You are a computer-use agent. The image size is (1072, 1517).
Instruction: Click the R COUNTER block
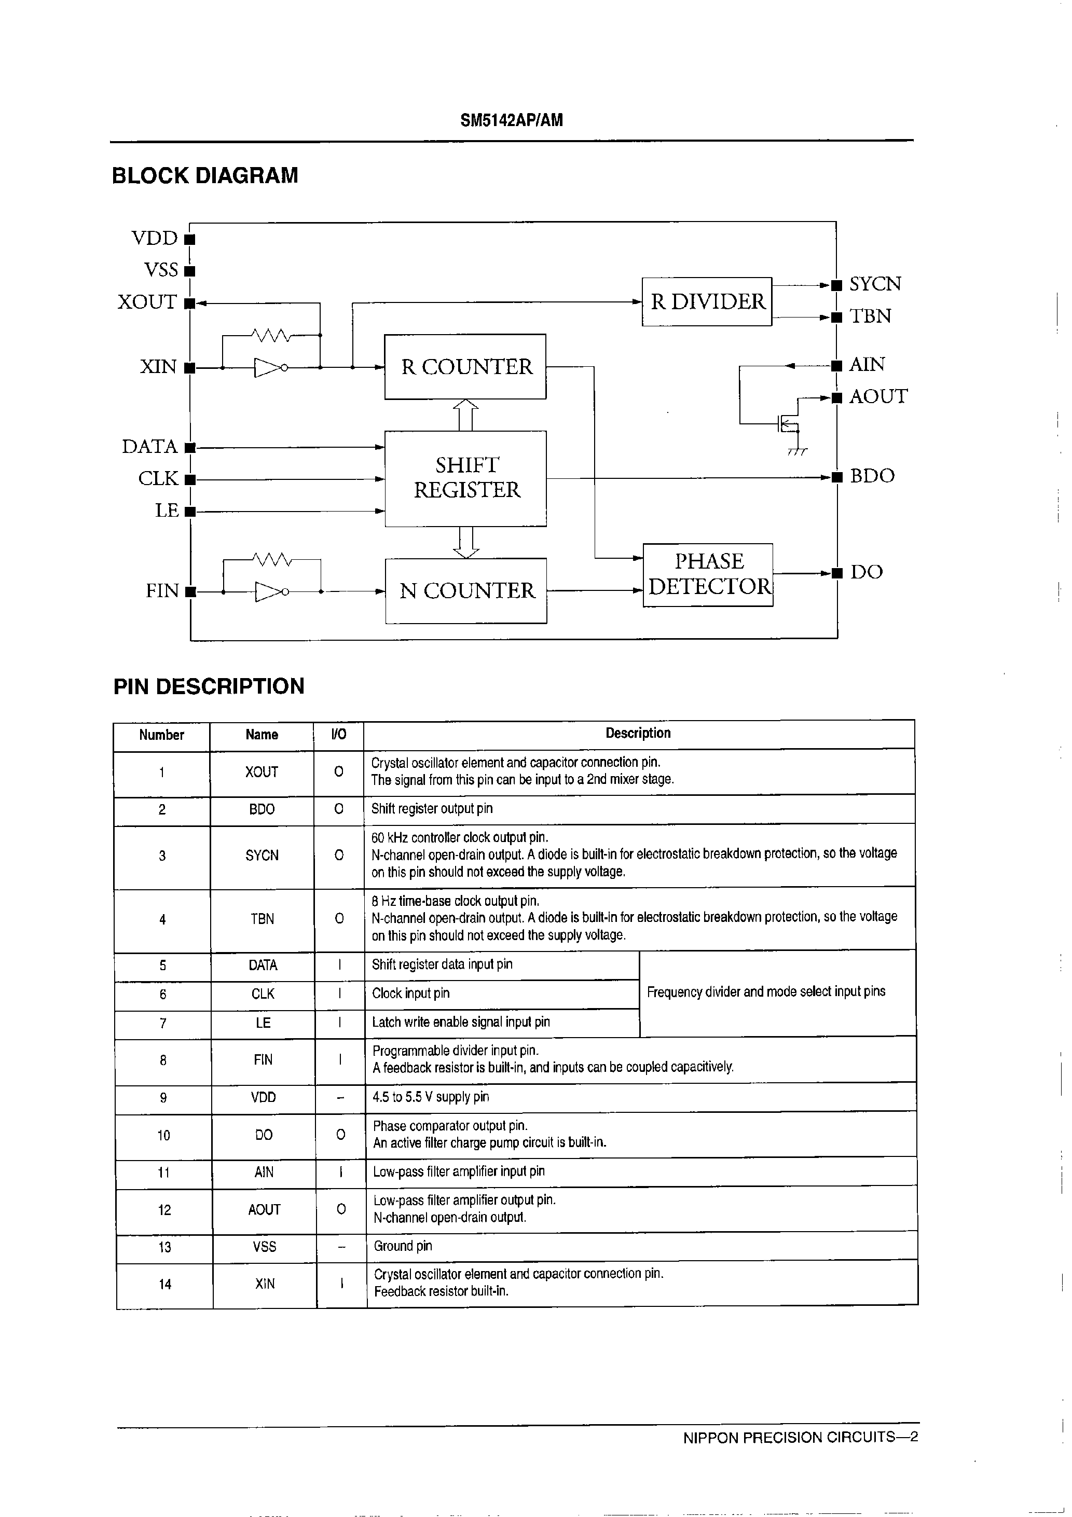(465, 367)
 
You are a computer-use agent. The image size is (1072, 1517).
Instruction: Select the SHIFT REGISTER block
(466, 478)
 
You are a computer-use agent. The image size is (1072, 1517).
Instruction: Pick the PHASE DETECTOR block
(708, 574)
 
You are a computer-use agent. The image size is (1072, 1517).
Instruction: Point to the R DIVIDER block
(707, 302)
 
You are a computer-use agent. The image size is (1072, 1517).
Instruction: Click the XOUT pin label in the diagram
(147, 302)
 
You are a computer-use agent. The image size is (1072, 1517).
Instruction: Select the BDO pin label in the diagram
(872, 476)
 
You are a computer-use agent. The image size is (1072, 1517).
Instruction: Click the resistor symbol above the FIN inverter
(272, 560)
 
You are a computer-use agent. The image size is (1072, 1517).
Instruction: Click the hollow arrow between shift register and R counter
(466, 414)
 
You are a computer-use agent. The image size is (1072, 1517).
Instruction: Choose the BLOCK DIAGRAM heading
(205, 176)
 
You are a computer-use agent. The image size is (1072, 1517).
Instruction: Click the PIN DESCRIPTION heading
(209, 686)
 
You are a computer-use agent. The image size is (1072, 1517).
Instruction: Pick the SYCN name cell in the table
(262, 856)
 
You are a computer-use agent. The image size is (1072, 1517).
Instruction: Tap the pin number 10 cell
(163, 1135)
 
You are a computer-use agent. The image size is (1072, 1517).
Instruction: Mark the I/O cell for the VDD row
(340, 1097)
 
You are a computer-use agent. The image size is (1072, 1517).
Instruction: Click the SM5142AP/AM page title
(512, 120)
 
